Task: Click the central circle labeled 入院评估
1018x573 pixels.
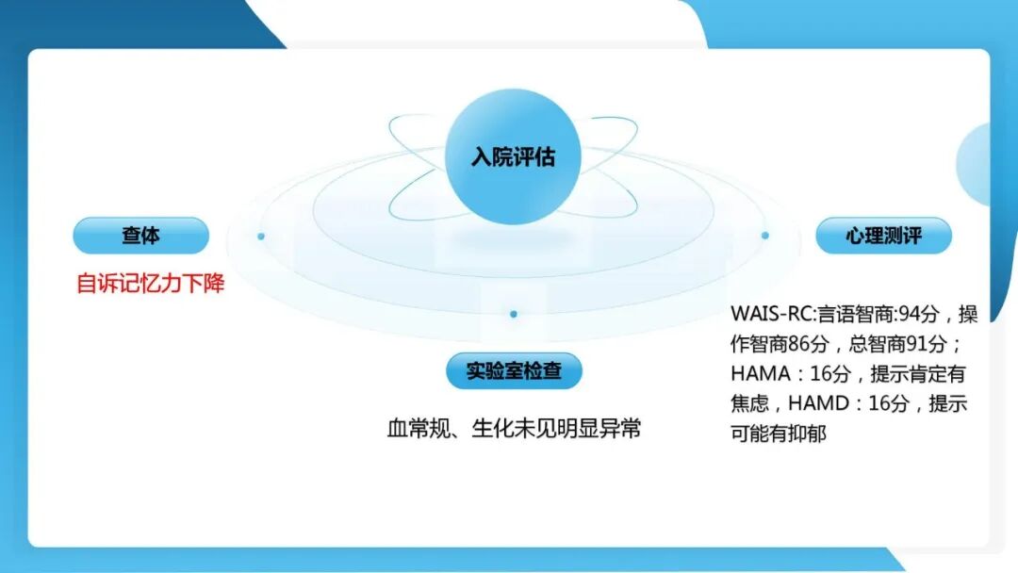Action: click(x=513, y=156)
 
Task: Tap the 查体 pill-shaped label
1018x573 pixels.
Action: click(x=140, y=236)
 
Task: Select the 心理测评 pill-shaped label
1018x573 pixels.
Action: click(x=883, y=236)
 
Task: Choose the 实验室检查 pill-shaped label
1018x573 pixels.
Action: click(x=514, y=370)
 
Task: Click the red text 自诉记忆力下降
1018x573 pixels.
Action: click(x=151, y=284)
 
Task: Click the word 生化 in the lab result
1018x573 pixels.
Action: click(x=489, y=429)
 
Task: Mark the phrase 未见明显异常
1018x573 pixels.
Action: click(x=576, y=429)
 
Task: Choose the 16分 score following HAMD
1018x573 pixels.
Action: click(x=888, y=403)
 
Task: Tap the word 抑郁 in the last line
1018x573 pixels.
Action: click(x=807, y=434)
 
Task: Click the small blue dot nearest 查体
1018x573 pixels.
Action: click(x=261, y=236)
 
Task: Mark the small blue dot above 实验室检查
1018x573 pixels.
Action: click(x=513, y=314)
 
